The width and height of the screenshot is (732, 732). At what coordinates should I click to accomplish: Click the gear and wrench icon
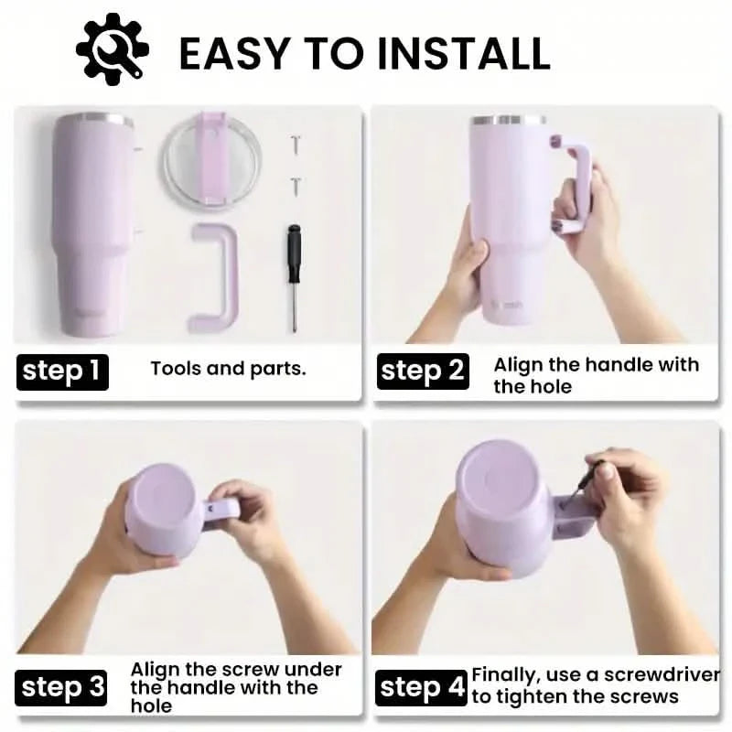112,49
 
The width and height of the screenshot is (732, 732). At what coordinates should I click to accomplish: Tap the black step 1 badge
62,372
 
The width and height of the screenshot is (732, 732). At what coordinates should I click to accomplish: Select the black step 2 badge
423,371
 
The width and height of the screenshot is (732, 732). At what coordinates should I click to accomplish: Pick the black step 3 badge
60,688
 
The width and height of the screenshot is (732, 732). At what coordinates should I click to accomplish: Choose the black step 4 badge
421,688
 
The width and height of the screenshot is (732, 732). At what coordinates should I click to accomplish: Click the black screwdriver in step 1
294,278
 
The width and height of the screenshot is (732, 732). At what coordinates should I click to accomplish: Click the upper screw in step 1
295,145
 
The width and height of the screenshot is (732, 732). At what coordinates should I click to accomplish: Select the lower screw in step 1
296,187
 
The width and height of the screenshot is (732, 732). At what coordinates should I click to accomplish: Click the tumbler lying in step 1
93,224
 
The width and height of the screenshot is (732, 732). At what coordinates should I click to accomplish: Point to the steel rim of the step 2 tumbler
508,120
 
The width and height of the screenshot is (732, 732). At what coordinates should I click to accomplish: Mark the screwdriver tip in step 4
565,505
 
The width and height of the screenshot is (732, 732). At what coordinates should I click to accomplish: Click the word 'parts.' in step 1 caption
278,370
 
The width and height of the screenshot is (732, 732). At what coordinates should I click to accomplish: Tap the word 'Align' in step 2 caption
518,365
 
